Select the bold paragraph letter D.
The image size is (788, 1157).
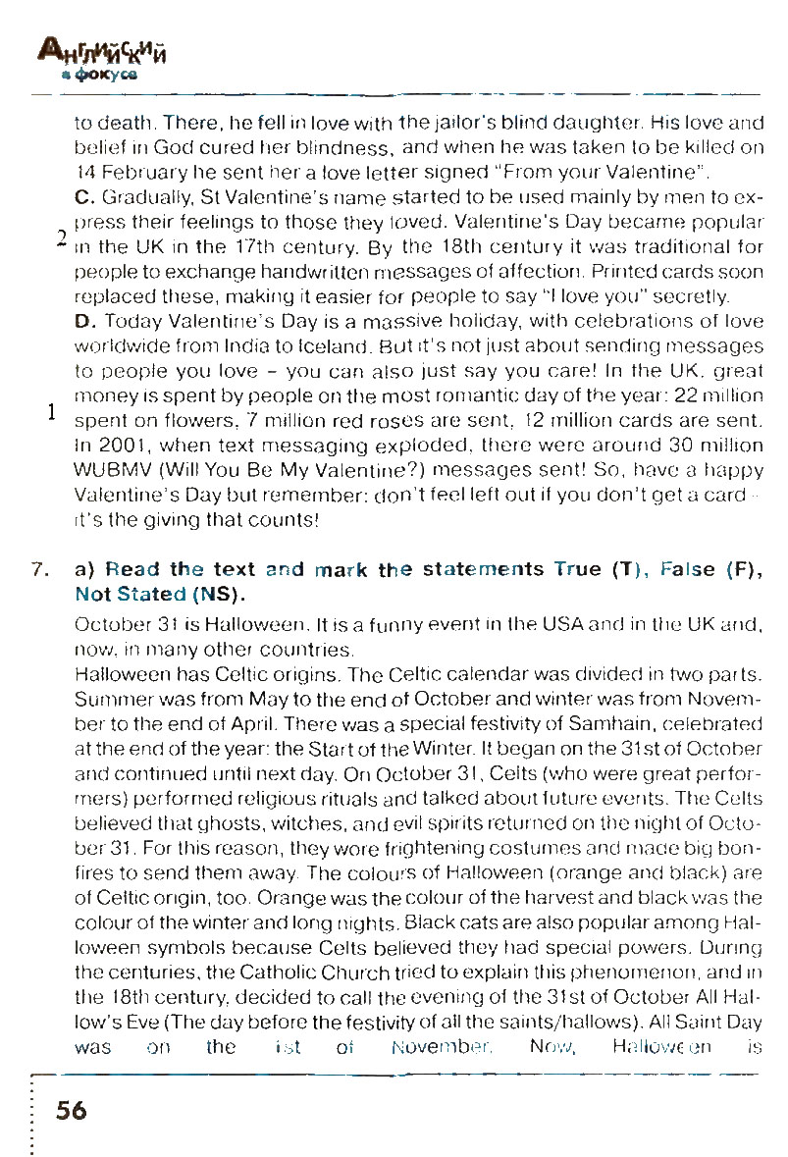(x=82, y=321)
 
